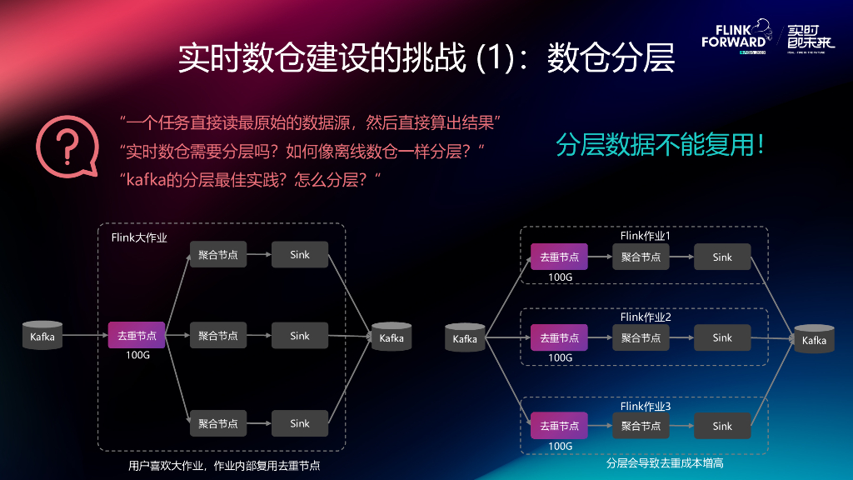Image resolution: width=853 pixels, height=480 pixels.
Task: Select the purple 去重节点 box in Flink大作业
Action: point(137,336)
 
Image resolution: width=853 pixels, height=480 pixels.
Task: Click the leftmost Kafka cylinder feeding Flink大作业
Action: point(42,336)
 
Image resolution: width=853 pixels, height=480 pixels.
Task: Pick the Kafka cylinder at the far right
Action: point(814,339)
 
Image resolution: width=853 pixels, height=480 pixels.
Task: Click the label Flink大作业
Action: point(139,237)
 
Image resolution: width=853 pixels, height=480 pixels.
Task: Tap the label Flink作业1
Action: point(646,236)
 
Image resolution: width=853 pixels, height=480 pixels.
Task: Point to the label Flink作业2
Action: point(646,317)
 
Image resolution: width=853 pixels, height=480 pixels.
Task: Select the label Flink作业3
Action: point(646,406)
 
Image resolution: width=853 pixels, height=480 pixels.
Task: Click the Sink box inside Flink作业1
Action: point(722,257)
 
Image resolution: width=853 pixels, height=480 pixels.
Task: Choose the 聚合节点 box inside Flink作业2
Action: point(641,338)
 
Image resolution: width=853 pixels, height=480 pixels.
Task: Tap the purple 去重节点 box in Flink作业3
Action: point(559,426)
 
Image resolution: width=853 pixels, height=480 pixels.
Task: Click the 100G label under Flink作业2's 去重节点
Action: point(560,357)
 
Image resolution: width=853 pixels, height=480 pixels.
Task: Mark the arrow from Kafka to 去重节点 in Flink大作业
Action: point(85,336)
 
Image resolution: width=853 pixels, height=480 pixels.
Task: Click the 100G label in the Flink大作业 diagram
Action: point(137,356)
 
